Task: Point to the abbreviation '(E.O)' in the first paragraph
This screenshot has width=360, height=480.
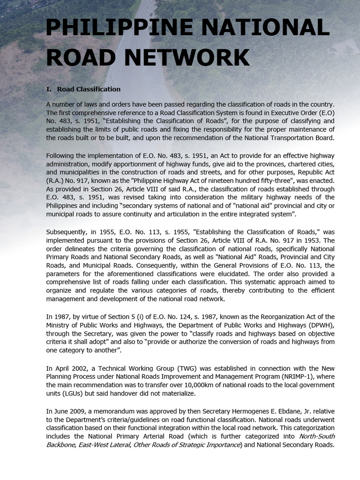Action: point(326,112)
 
